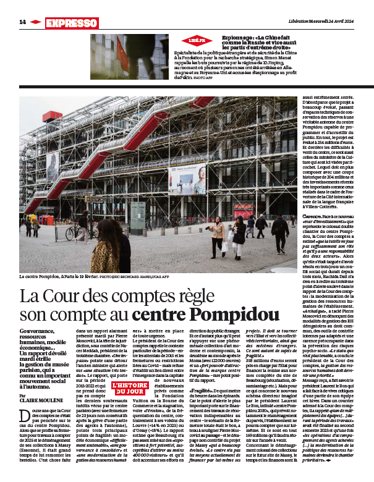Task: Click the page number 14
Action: coord(22,22)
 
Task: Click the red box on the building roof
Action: coord(51,116)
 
